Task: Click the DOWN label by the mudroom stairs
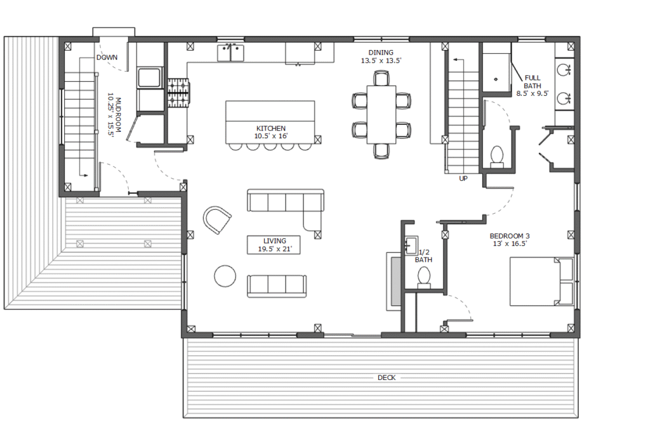(107, 57)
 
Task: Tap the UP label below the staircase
(463, 178)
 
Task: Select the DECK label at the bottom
(387, 377)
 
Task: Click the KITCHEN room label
(271, 129)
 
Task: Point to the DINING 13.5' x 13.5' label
(381, 56)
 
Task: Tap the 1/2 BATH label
(423, 256)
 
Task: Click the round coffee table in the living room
(225, 275)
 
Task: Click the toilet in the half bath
(423, 277)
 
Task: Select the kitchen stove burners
(178, 93)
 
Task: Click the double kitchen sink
(231, 53)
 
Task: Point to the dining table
(381, 115)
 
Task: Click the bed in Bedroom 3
(541, 282)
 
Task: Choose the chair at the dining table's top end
(381, 78)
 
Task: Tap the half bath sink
(411, 245)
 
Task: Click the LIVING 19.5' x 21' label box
(274, 244)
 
